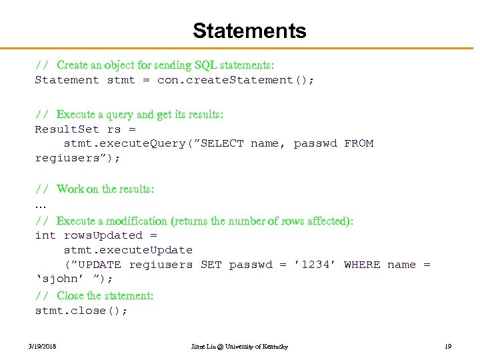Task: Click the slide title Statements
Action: point(249,31)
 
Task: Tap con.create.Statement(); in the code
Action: point(235,80)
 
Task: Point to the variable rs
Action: point(114,129)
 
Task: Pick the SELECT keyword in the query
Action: point(222,143)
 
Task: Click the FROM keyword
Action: point(359,143)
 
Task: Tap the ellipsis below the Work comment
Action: point(39,205)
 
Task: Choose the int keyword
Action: point(45,235)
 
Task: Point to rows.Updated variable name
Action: point(103,235)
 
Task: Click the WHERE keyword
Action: point(362,265)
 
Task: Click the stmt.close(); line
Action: point(81,311)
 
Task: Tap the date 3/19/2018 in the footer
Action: point(42,347)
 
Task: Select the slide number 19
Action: point(448,347)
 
